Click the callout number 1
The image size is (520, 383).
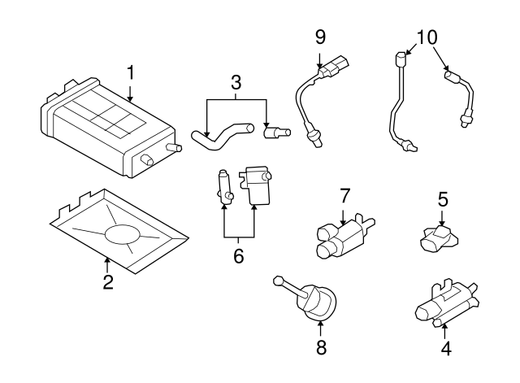tap(130, 73)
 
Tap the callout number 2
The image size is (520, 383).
tap(107, 282)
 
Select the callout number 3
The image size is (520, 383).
tap(236, 82)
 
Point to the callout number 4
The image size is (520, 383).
tap(445, 350)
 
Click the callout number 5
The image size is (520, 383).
tap(443, 198)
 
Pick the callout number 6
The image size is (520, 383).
tap(238, 256)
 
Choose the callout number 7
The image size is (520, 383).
tap(344, 195)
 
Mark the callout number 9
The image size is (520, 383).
tap(320, 36)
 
